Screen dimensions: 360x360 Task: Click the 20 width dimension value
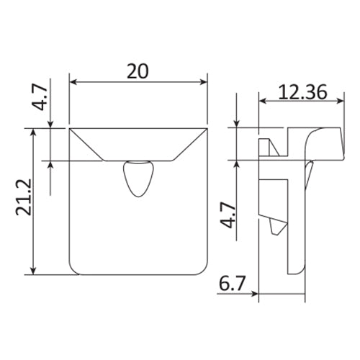138,71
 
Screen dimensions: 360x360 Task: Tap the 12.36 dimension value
302,92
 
